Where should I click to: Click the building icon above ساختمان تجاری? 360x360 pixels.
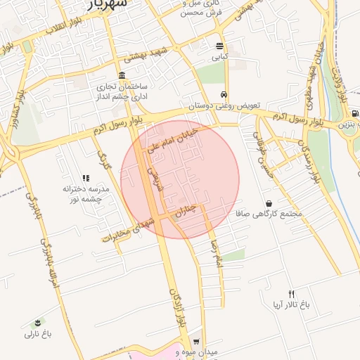click(122, 75)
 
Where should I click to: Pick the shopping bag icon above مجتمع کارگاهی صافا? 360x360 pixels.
click(269, 202)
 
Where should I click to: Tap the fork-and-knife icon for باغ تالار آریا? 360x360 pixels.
click(292, 294)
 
